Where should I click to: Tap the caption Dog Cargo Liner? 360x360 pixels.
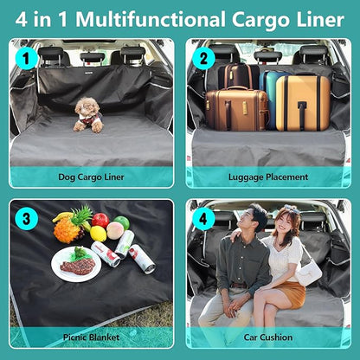tap(91, 177)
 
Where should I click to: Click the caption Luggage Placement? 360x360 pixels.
tap(268, 177)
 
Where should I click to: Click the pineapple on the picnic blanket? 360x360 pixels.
tap(69, 227)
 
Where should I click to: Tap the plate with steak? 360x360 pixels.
tap(76, 264)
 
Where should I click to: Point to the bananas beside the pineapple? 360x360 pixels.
tap(61, 216)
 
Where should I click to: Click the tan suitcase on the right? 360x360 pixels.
tap(302, 102)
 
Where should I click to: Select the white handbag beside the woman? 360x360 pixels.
tap(307, 270)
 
